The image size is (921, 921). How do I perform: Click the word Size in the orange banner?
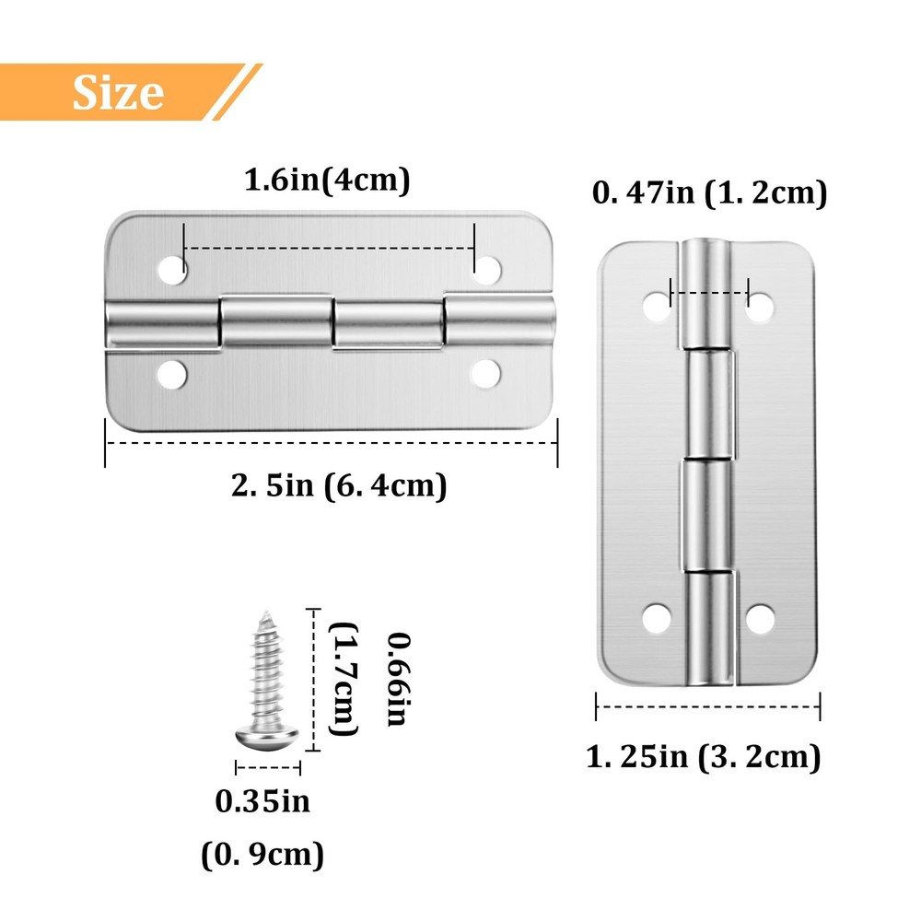point(118,91)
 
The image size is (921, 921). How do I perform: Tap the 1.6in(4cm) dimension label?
point(326,181)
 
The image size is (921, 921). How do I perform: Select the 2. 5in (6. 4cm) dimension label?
point(338,484)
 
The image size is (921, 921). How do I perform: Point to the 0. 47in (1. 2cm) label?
point(709,193)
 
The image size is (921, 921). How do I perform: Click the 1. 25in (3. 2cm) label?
point(703,757)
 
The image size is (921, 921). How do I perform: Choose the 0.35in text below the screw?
point(262,801)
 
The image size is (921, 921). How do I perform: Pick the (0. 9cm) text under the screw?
point(262,856)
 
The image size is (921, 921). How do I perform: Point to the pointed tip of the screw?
point(265,610)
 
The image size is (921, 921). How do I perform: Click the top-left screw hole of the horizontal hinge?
point(171,270)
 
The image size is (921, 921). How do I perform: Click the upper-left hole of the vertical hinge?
point(657,307)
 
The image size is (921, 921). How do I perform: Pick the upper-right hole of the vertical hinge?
point(760,307)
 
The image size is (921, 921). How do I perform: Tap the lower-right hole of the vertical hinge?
point(760,619)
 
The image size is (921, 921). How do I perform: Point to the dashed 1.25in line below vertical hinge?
point(707,706)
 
